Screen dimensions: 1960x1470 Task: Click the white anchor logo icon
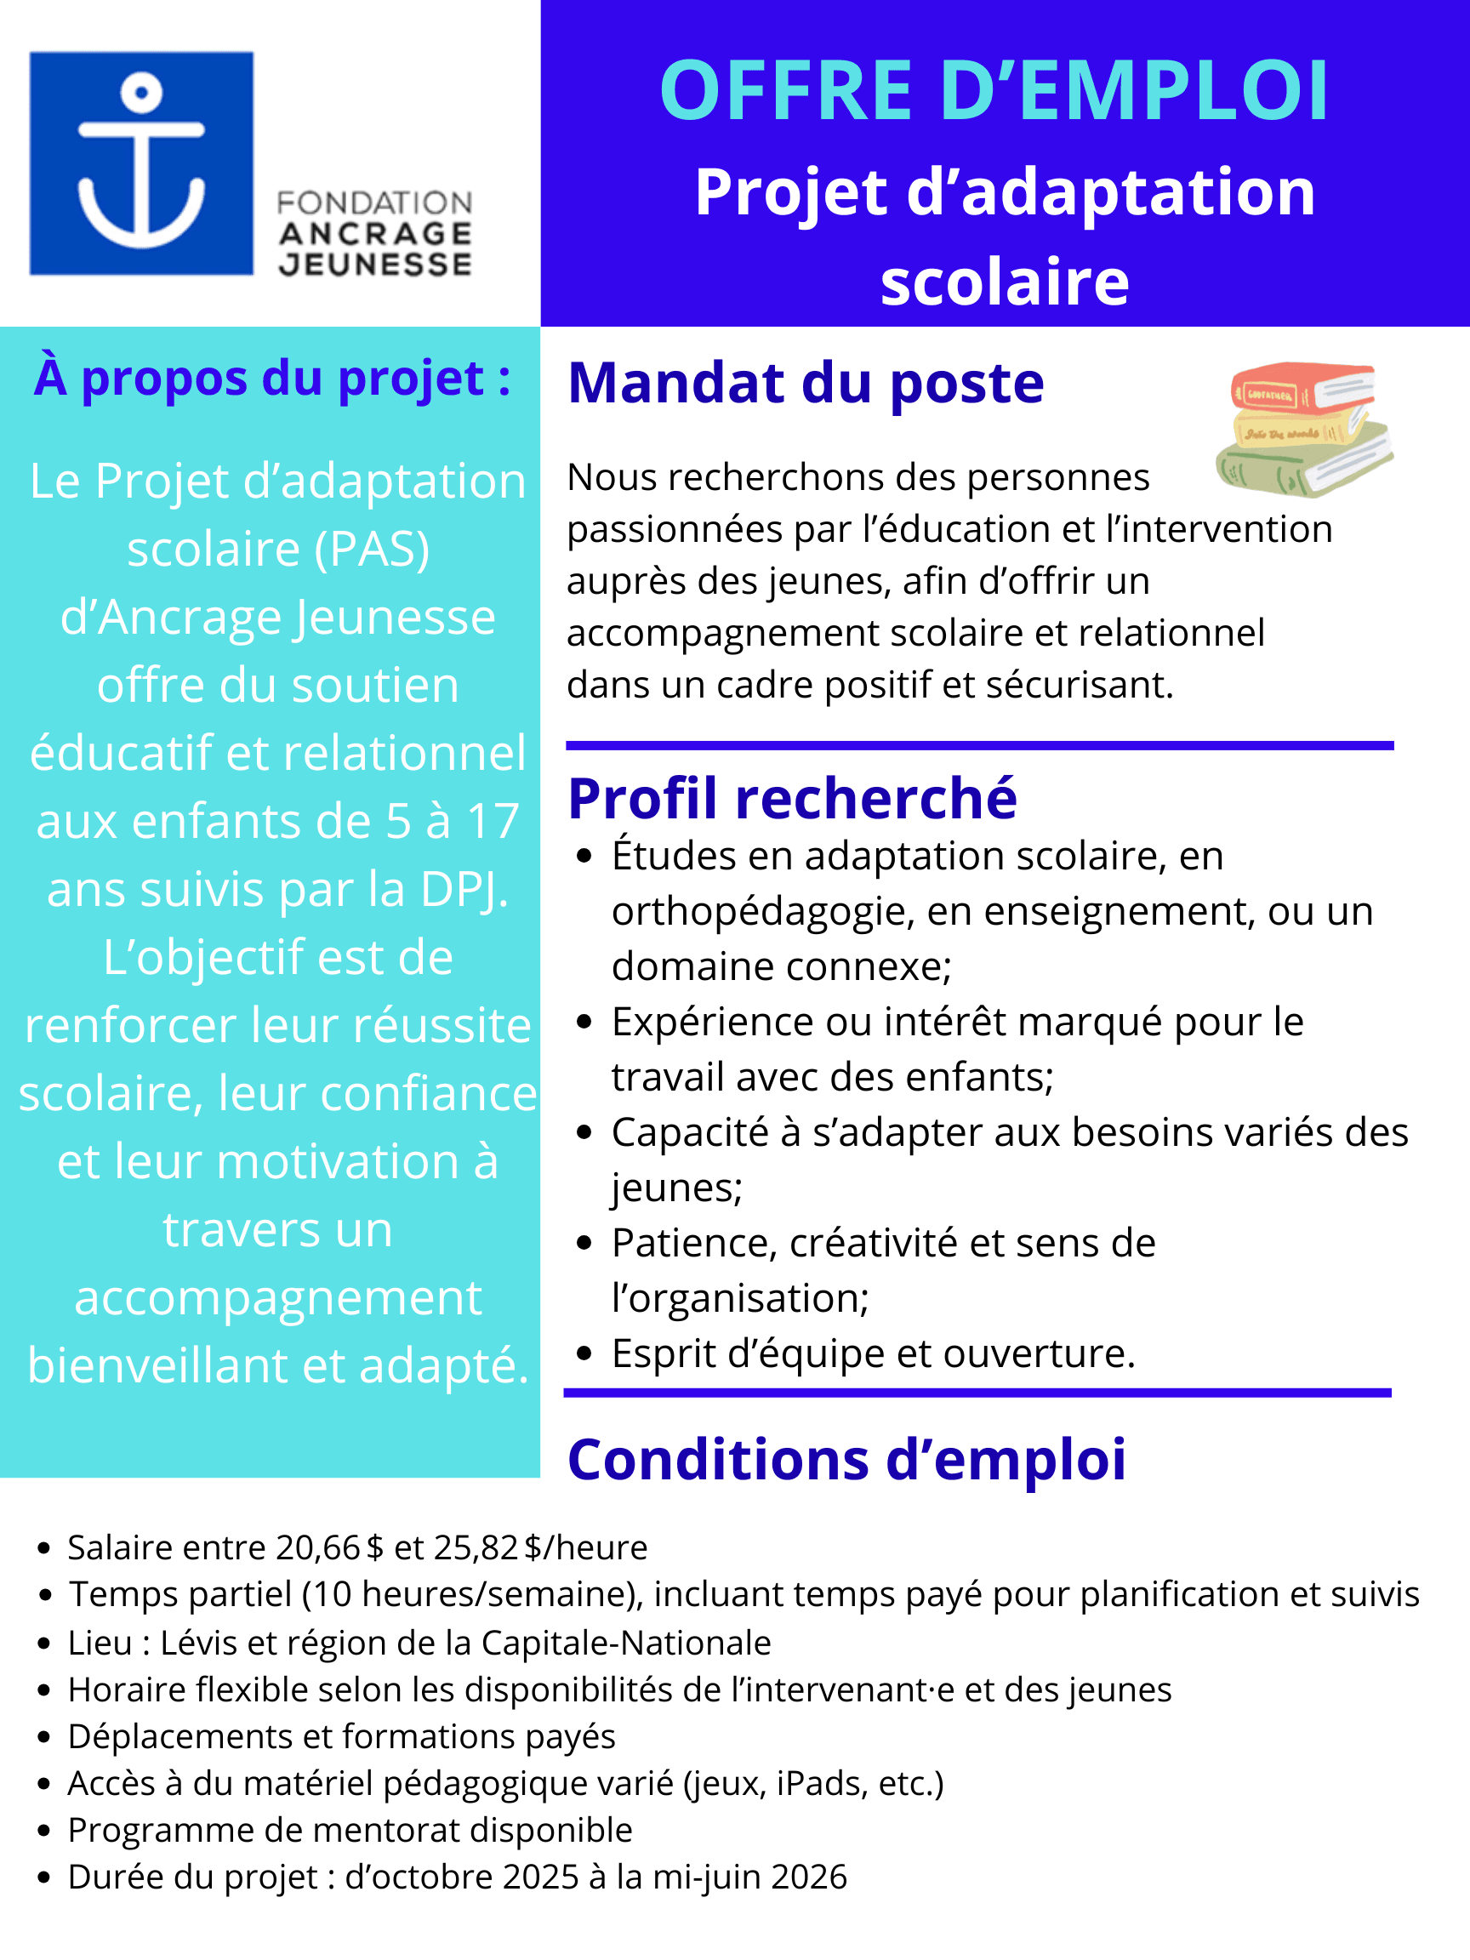[142, 162]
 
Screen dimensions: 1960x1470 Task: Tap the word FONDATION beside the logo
[374, 203]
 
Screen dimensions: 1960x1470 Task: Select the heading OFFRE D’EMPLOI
[994, 90]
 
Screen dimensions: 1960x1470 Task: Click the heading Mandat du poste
[806, 383]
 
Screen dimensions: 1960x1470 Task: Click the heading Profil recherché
[792, 797]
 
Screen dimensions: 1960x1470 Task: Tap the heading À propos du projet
[272, 379]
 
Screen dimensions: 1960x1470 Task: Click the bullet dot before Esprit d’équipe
[583, 1353]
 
